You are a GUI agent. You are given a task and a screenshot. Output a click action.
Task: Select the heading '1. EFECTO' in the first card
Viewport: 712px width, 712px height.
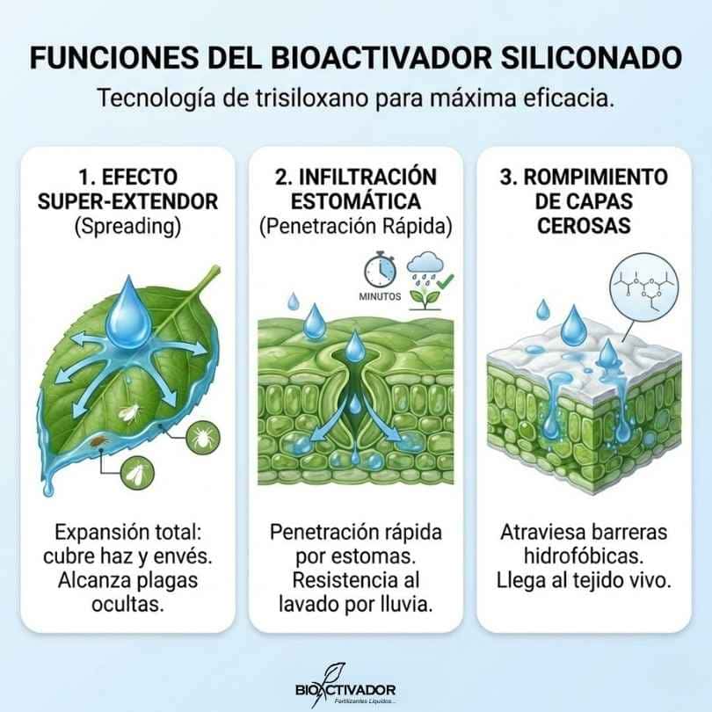[x=127, y=177]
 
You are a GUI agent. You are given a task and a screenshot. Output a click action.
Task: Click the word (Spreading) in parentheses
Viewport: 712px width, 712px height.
[x=127, y=226]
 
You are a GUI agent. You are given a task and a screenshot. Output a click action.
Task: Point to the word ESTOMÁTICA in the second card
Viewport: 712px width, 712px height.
[x=356, y=201]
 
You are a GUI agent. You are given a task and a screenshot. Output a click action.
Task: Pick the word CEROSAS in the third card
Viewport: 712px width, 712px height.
[x=584, y=226]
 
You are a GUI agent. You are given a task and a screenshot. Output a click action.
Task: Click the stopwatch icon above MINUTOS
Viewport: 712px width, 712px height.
[x=380, y=272]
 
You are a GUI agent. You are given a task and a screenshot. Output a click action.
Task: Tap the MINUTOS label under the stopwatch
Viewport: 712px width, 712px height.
[x=380, y=296]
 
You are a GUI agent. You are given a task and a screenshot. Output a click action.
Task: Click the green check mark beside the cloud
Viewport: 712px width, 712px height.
[x=446, y=280]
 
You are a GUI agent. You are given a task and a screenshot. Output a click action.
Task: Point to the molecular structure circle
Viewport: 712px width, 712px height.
[x=644, y=288]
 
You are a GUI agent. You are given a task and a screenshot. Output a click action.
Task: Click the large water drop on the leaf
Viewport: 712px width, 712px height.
[x=128, y=312]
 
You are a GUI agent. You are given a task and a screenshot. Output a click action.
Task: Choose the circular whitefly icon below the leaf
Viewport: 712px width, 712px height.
[x=138, y=474]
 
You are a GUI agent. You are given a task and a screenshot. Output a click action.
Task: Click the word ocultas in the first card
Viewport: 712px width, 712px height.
[x=127, y=604]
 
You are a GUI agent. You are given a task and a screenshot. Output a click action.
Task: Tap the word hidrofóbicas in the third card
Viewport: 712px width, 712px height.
[x=584, y=556]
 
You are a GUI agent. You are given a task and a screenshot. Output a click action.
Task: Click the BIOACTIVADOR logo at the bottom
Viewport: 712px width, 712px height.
[x=345, y=687]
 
